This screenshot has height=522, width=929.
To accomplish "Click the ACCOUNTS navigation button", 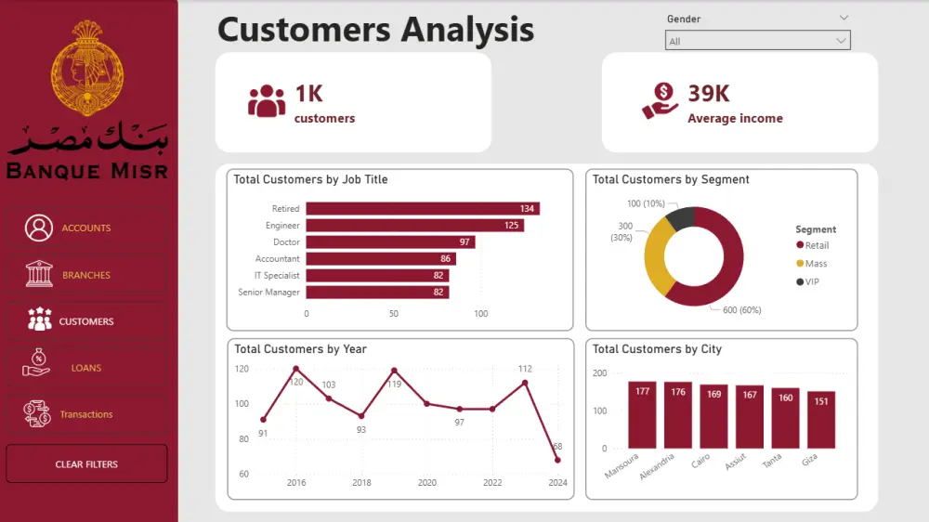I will (86, 228).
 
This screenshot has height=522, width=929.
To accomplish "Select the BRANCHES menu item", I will (86, 275).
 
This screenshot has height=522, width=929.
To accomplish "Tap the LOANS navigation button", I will (86, 368).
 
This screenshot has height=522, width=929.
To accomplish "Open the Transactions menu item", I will (86, 414).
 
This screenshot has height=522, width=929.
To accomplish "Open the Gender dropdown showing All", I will (757, 41).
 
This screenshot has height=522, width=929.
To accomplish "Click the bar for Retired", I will (423, 209).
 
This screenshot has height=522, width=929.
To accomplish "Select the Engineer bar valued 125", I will (414, 225).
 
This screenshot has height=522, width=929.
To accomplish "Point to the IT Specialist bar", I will (377, 275).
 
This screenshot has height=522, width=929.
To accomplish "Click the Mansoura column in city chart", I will (642, 415).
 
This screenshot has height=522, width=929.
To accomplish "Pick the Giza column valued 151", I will (820, 420).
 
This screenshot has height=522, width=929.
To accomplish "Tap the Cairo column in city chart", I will (713, 417).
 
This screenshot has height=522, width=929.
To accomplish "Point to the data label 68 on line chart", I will (557, 447).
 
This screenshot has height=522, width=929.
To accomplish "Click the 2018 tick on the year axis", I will (361, 483).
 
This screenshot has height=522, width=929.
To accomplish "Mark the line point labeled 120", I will (296, 369).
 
